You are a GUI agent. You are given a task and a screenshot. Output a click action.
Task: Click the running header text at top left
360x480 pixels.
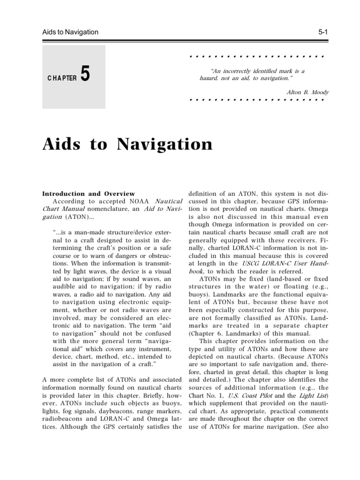tap(71, 32)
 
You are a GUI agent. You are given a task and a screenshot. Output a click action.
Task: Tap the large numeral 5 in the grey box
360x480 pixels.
tap(85, 75)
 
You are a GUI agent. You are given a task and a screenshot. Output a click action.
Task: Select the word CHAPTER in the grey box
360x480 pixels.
tap(61, 78)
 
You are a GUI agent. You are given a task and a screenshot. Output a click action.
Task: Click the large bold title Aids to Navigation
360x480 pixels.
tap(127, 143)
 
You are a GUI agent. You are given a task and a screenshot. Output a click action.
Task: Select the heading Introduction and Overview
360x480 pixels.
tap(89, 193)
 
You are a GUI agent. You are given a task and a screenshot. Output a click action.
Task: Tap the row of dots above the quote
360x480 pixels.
tap(256, 56)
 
